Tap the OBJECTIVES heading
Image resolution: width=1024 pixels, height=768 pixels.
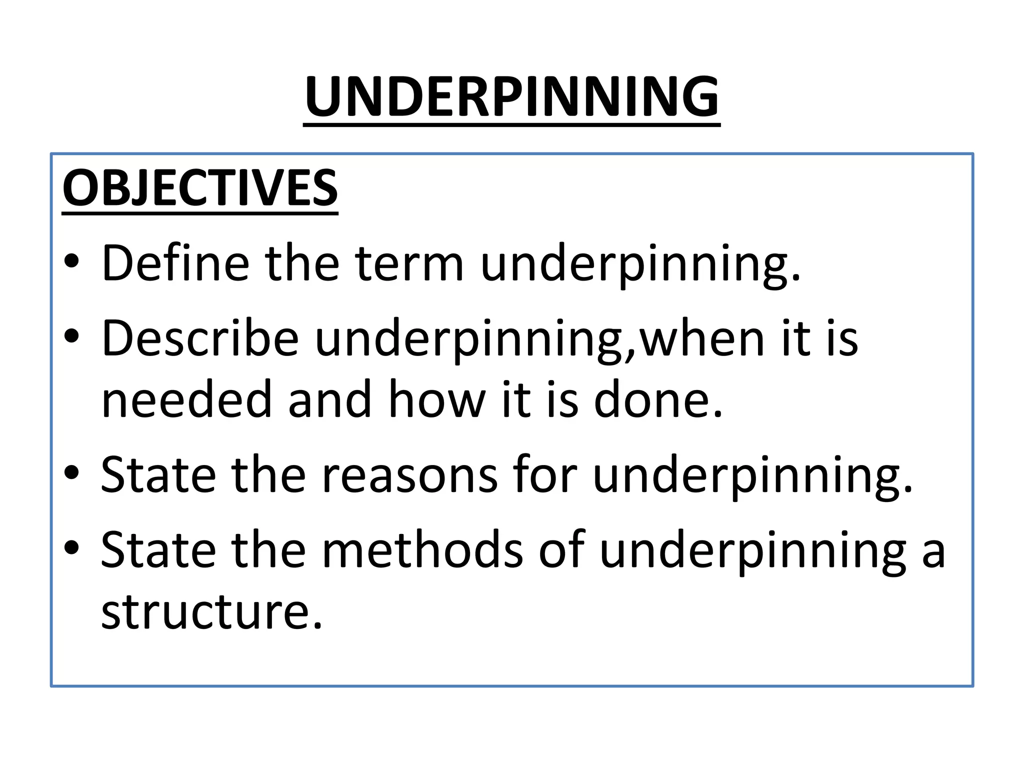(x=200, y=188)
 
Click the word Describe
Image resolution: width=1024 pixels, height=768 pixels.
(x=200, y=338)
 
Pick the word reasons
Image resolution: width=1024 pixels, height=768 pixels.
(x=409, y=474)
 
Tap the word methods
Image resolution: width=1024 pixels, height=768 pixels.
(x=422, y=550)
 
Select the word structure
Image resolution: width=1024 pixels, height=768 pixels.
(x=211, y=611)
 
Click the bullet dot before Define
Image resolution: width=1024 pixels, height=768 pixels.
(x=71, y=262)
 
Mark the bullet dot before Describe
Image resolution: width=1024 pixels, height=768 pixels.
(x=71, y=336)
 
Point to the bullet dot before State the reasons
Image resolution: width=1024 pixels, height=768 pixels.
(x=71, y=472)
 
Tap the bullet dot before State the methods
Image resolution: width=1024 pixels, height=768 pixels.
(x=71, y=548)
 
